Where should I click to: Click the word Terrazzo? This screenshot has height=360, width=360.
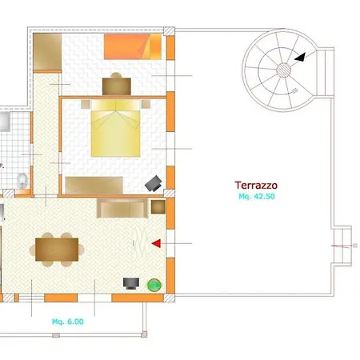(256, 185)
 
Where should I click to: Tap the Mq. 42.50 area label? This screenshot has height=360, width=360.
(257, 197)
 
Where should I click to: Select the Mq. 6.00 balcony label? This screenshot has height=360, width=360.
(68, 322)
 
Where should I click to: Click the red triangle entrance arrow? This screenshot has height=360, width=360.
(157, 243)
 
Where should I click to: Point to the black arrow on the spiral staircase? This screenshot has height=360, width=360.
(300, 58)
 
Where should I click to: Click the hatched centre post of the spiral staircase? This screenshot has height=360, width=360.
(283, 70)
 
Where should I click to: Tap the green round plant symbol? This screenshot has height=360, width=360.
(154, 285)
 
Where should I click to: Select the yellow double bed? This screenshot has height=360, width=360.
(116, 128)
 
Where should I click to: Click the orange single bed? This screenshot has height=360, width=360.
(133, 46)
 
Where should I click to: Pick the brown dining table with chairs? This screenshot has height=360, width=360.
(57, 250)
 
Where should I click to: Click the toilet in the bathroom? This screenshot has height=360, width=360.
(22, 181)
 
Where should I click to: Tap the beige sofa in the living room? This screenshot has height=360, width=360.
(122, 208)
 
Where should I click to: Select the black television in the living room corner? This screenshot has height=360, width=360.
(131, 283)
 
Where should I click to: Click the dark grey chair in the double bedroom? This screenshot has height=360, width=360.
(154, 183)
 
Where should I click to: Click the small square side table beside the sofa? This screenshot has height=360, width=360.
(158, 206)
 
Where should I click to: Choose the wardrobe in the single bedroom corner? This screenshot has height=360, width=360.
(47, 52)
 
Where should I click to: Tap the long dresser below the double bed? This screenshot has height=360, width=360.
(94, 185)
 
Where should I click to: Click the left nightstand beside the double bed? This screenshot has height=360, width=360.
(86, 104)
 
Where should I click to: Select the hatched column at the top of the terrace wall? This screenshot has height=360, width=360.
(169, 31)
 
